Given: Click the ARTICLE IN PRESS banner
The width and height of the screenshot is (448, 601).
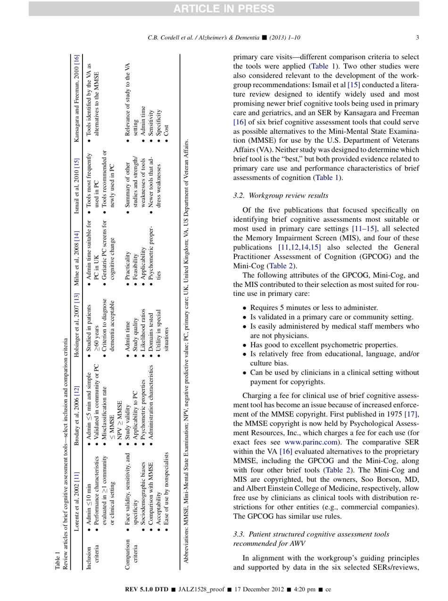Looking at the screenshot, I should (224, 8).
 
